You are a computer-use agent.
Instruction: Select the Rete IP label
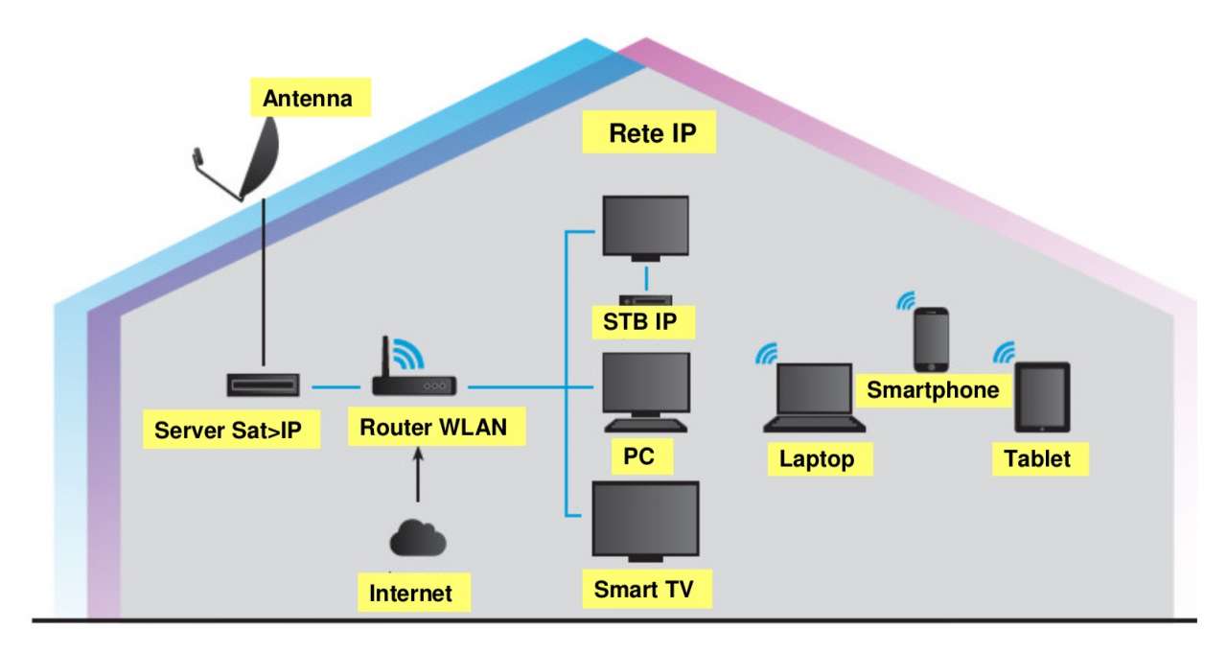click(649, 133)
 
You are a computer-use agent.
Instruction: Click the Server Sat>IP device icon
click(264, 385)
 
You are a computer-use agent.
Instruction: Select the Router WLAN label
click(433, 428)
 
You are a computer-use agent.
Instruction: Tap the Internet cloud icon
click(418, 539)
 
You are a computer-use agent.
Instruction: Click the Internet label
click(410, 593)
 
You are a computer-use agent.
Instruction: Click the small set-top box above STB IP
click(646, 299)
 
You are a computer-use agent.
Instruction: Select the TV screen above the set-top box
click(645, 226)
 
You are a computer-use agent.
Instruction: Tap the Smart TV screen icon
click(645, 519)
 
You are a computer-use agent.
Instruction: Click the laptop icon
click(814, 398)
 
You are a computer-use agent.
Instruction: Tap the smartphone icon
click(931, 339)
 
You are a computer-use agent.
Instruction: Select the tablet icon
click(1042, 396)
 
